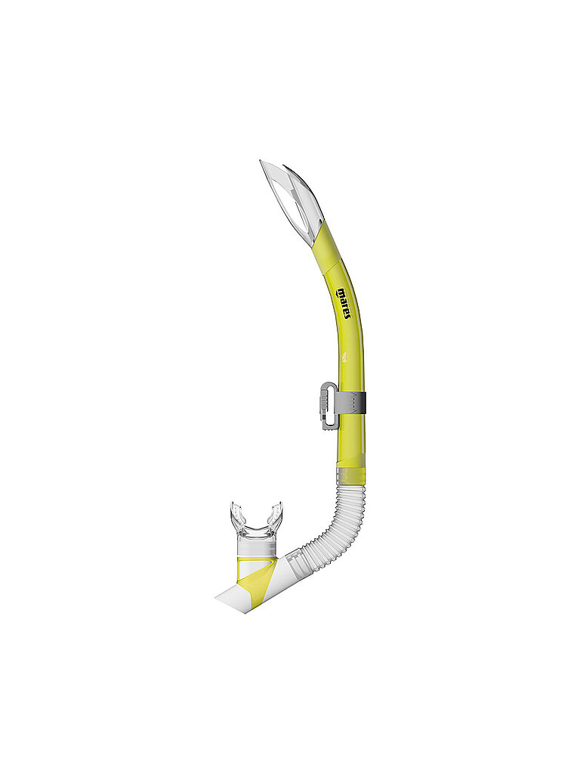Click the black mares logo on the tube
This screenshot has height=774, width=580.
344,303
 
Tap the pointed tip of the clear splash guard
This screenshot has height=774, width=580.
261,162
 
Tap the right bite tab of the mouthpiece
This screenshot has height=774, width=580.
276,510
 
